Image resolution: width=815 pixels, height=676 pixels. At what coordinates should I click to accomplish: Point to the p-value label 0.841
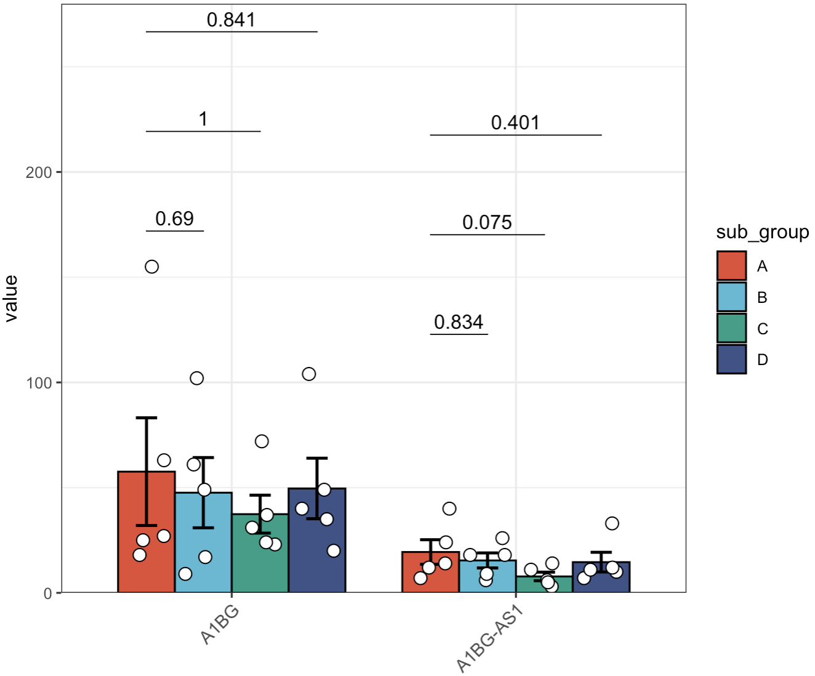tap(231, 20)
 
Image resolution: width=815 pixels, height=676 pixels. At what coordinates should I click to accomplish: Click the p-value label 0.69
tap(174, 219)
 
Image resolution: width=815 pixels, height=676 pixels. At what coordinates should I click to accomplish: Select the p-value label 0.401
tap(515, 123)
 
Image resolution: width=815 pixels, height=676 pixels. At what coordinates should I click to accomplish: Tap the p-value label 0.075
tap(487, 223)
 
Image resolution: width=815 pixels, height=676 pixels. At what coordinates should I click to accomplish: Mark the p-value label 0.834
tap(459, 323)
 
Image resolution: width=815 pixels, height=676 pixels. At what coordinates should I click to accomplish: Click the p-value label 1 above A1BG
tap(203, 119)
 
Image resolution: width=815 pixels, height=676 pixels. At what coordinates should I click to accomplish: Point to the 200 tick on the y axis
tap(39, 172)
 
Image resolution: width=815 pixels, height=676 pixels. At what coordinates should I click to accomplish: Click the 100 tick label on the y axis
tap(39, 383)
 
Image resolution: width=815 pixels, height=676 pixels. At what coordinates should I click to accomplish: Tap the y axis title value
tap(11, 299)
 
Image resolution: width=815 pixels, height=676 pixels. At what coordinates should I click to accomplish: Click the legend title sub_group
tap(762, 232)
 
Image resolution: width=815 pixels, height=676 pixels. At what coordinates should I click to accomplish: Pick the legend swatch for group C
tap(731, 328)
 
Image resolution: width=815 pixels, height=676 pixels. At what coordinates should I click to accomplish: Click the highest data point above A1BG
tap(151, 267)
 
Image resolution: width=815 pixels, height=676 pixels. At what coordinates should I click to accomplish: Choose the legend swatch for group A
tap(731, 266)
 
